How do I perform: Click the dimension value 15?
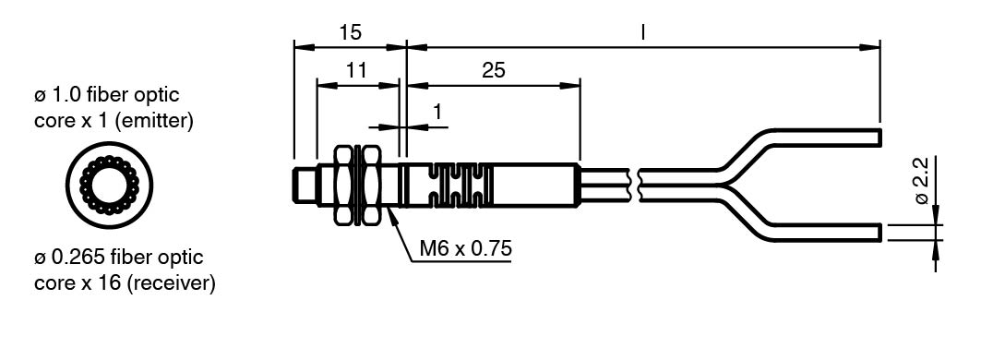point(351,32)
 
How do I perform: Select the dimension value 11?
point(356,70)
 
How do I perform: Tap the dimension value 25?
point(494,70)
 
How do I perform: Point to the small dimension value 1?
point(437,112)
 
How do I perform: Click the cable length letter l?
point(642,32)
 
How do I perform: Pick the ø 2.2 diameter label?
point(921,180)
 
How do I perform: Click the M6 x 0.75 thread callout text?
point(465,248)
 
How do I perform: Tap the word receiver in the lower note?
point(171,283)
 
